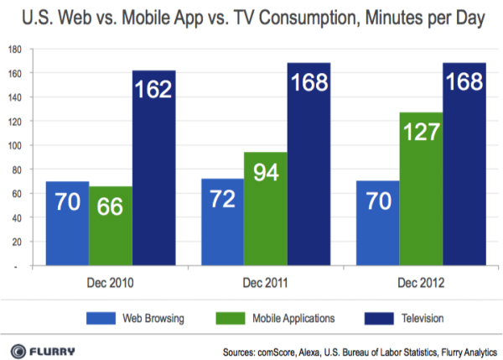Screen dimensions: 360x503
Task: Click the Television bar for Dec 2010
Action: (153, 168)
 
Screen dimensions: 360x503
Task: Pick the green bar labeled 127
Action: (421, 190)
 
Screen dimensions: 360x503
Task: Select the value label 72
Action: (222, 201)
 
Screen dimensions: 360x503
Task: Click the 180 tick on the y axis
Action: (15, 50)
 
